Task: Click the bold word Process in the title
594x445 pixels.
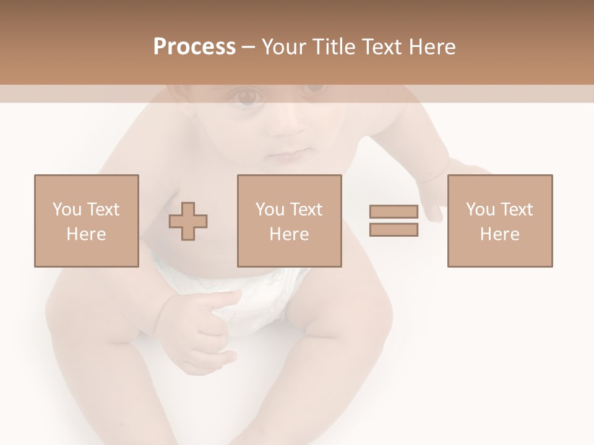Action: click(194, 46)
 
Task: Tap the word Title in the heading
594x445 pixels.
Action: click(333, 46)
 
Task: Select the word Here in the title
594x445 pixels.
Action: click(431, 46)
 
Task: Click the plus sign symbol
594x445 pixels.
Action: click(188, 221)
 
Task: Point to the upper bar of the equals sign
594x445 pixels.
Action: click(394, 212)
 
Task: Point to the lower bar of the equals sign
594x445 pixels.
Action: click(394, 229)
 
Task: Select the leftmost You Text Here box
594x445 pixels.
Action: click(86, 221)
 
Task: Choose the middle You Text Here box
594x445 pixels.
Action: click(289, 221)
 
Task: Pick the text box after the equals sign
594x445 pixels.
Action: click(499, 221)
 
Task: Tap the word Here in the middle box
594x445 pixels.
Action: click(289, 234)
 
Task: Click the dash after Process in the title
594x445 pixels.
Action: click(249, 47)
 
